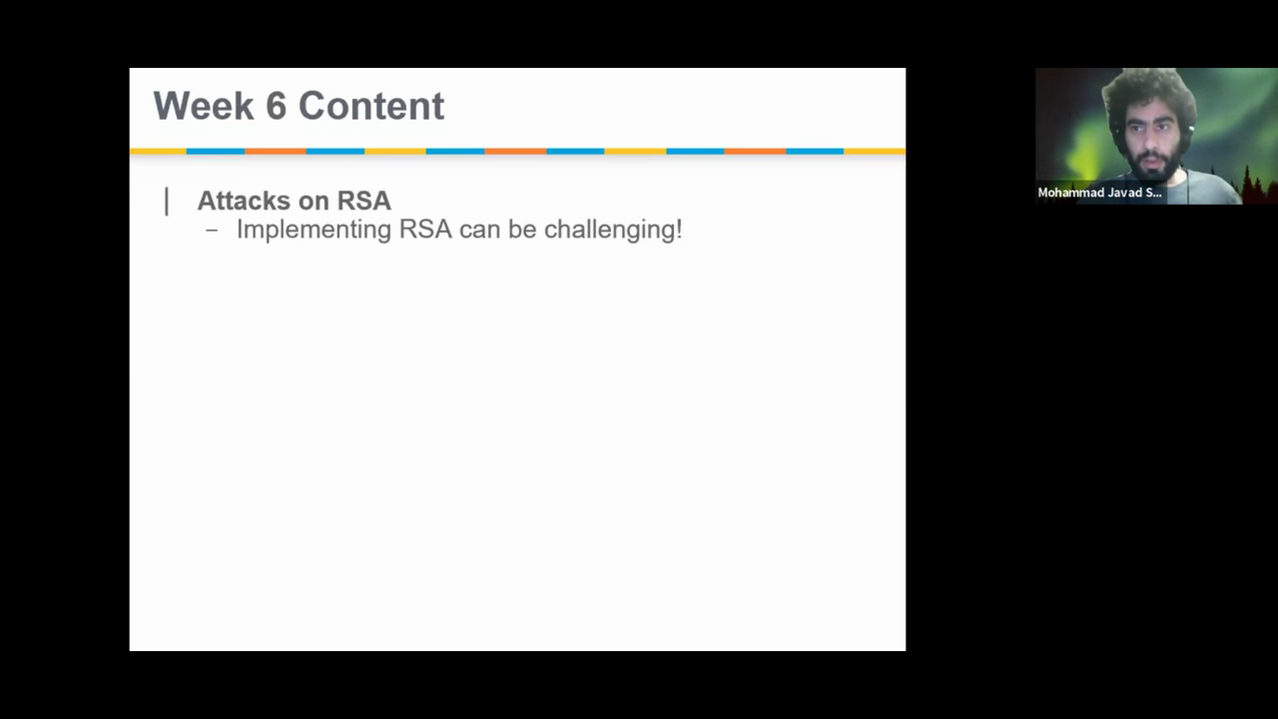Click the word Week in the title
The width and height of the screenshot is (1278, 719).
tap(204, 106)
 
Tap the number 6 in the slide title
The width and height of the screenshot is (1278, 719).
tap(276, 106)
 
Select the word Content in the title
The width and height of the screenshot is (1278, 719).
tap(371, 106)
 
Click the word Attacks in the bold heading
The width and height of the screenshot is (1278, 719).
tap(244, 201)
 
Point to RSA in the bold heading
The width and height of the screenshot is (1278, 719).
tap(364, 201)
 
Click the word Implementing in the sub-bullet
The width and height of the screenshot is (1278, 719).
tap(314, 230)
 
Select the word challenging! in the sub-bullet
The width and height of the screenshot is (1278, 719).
tap(613, 230)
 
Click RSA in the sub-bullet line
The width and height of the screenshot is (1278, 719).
tap(425, 230)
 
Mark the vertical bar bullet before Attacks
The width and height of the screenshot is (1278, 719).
tap(166, 202)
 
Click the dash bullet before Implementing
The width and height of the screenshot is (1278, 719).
tap(212, 231)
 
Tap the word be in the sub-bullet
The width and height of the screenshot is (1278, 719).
tap(523, 230)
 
